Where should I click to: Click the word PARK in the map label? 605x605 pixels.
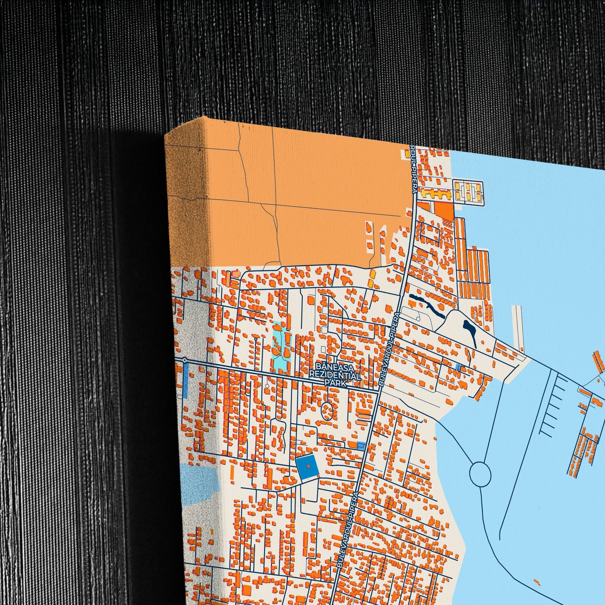[336, 383]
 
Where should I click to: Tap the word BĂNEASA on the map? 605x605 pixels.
[330, 367]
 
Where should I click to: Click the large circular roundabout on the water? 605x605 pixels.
[480, 474]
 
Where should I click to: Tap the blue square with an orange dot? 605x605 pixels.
[307, 467]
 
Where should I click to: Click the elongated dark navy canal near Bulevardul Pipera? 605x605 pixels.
[427, 305]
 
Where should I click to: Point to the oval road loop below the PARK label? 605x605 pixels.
[327, 411]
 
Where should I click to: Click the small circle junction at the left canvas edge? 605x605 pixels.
[185, 360]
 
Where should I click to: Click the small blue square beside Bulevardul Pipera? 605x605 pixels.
[361, 446]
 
